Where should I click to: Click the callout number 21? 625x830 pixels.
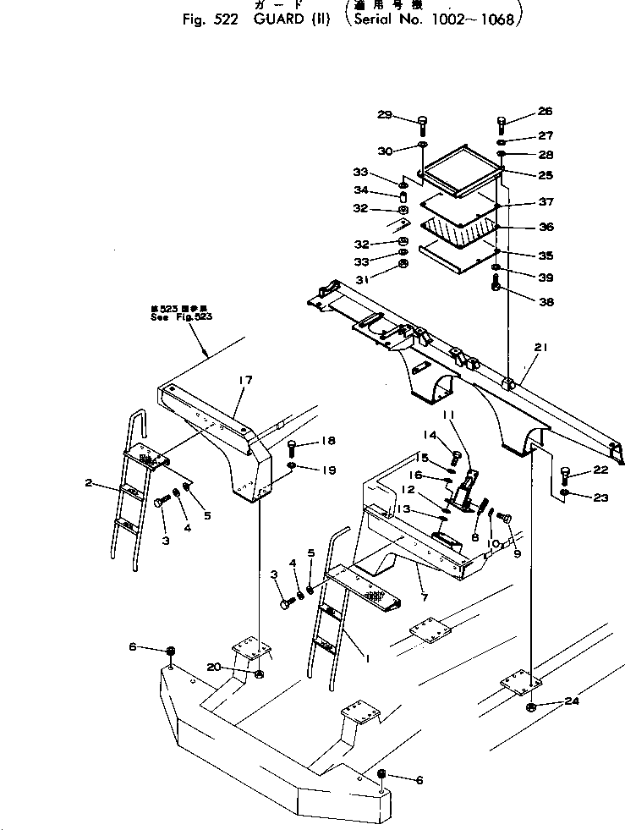(x=540, y=348)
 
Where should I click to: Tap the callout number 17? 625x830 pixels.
(x=244, y=381)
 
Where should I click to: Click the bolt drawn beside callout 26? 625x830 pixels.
(x=501, y=124)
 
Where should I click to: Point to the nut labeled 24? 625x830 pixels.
(x=530, y=706)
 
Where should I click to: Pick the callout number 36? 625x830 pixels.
(x=546, y=227)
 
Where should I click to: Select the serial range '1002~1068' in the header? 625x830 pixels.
(x=482, y=19)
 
